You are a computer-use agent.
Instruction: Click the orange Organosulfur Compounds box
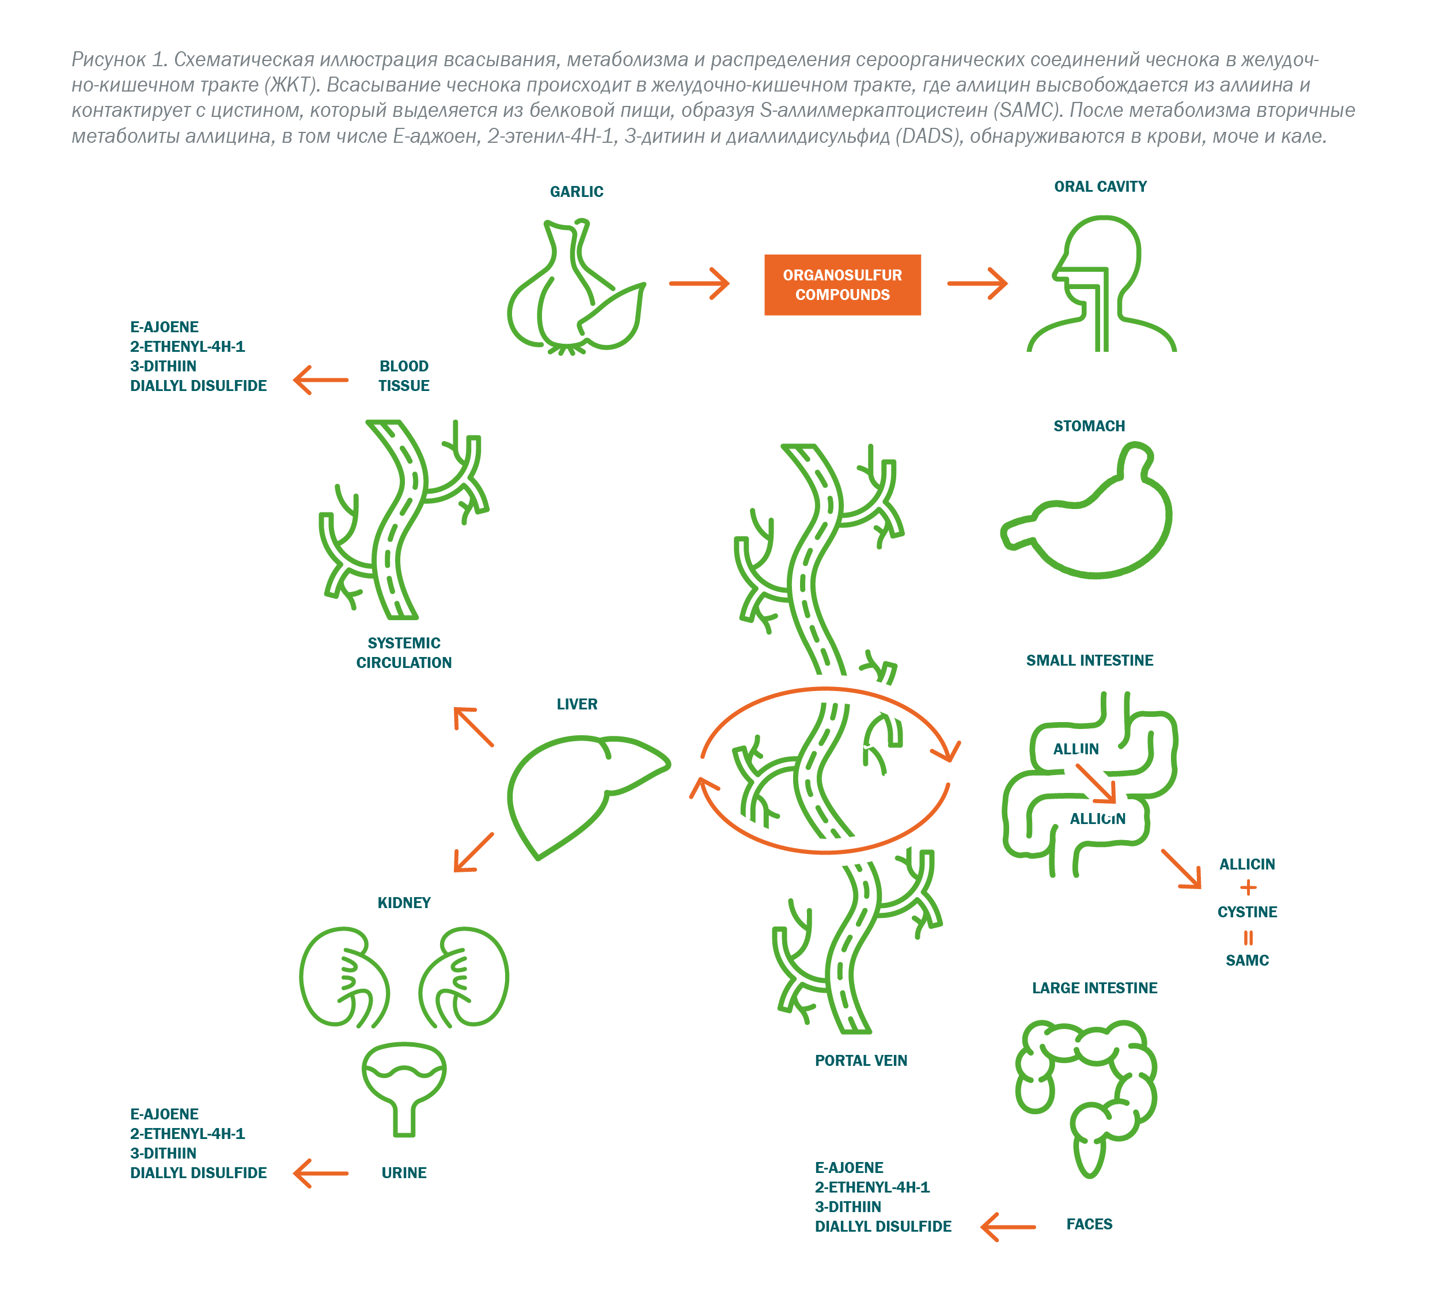[x=842, y=285]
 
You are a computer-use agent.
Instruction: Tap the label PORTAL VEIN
[x=861, y=1061]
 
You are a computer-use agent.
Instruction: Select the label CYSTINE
[x=1247, y=912]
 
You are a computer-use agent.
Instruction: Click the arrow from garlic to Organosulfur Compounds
[x=699, y=284]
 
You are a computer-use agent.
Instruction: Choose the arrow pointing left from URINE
[x=321, y=1173]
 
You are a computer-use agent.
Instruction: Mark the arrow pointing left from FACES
[x=1007, y=1227]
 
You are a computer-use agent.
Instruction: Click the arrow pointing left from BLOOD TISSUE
[x=321, y=380]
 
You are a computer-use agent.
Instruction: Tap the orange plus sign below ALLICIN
[x=1248, y=887]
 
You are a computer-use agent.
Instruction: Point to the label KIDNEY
[x=404, y=903]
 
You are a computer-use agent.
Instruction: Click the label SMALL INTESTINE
[x=1090, y=660]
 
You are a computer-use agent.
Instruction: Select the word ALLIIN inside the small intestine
[x=1075, y=749]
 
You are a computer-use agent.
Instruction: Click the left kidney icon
[x=344, y=977]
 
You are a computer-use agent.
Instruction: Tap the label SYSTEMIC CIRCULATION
[x=404, y=652]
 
